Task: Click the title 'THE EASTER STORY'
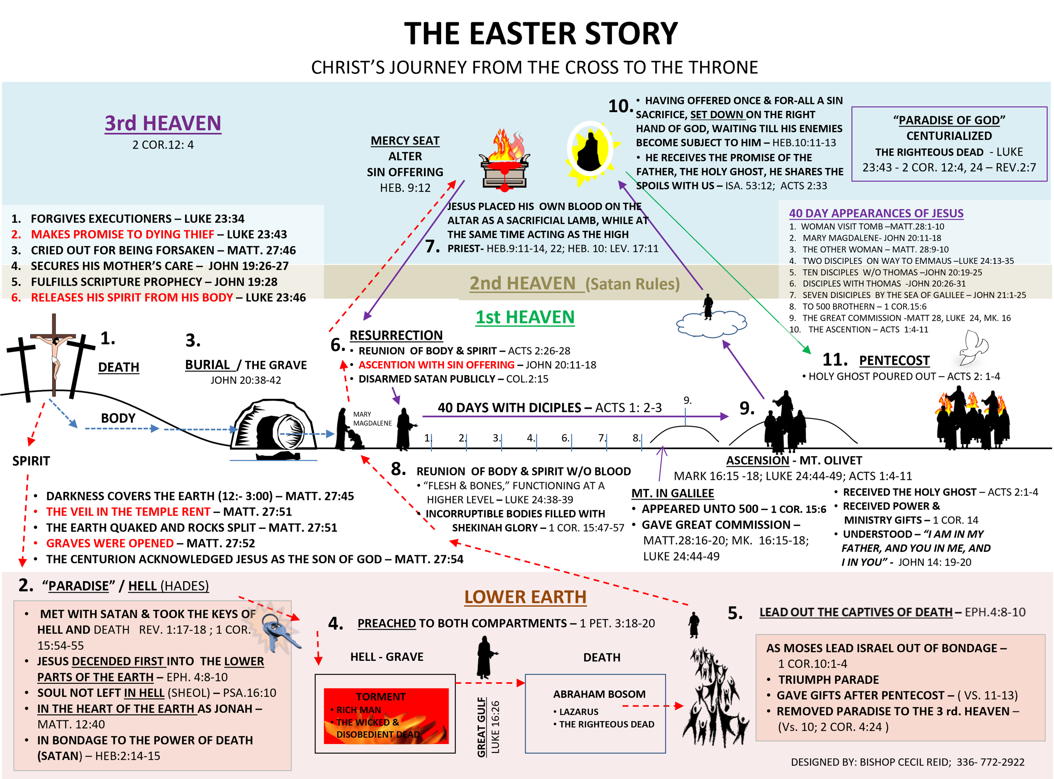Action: [x=540, y=34]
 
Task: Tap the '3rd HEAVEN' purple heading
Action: [x=163, y=123]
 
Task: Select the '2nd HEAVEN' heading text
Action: [x=522, y=283]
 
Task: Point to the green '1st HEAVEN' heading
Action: [x=525, y=317]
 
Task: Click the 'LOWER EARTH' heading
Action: [x=525, y=597]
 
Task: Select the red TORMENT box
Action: [x=386, y=715]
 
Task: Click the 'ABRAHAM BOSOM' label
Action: [x=599, y=694]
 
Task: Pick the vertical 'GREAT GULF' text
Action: [x=481, y=727]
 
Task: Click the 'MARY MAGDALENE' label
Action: [x=372, y=419]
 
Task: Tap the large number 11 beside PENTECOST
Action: [x=835, y=360]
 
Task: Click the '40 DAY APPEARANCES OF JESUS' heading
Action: [x=876, y=213]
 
